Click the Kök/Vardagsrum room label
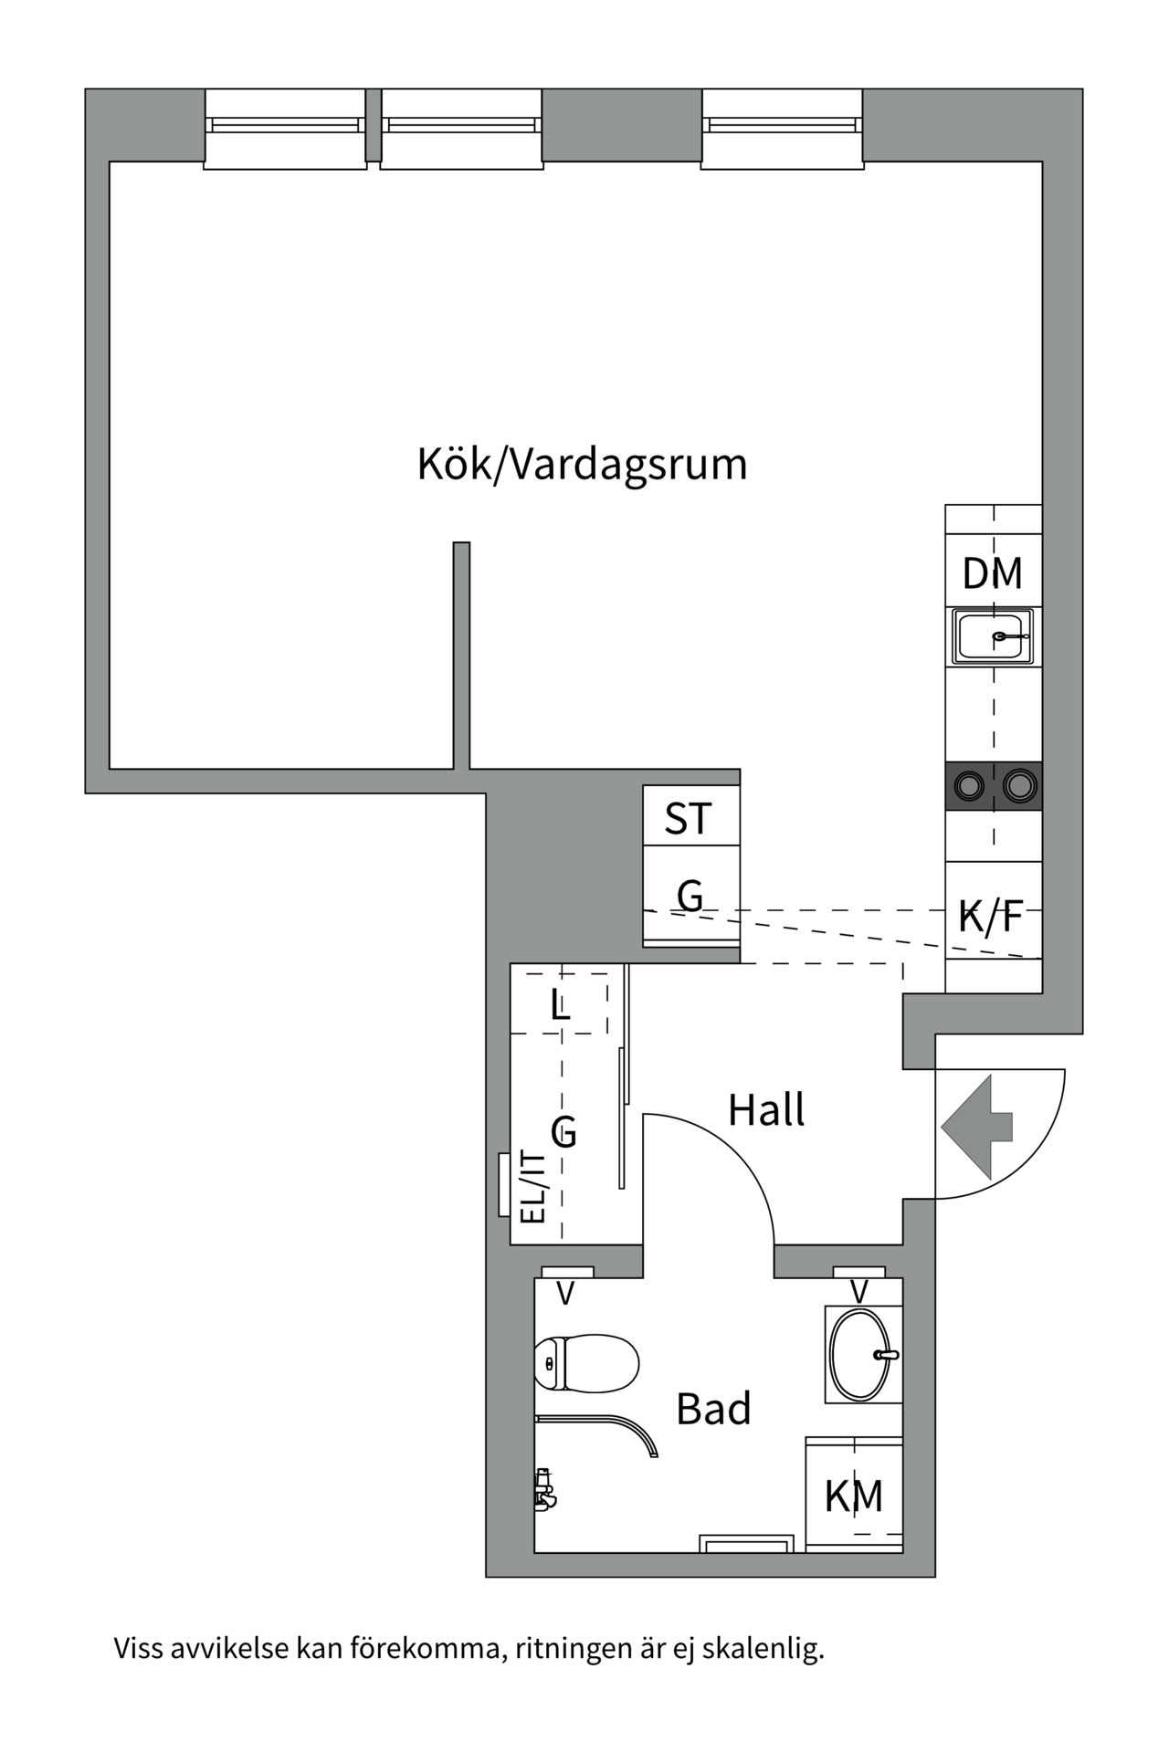click(582, 464)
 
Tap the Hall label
click(766, 1110)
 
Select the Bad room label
click(713, 1409)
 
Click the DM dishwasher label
click(993, 573)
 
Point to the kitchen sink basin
click(992, 635)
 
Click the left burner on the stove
click(969, 784)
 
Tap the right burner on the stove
click(1019, 784)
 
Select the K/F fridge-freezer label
click(991, 916)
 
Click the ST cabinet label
click(688, 819)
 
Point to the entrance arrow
click(976, 1127)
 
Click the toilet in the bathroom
click(586, 1363)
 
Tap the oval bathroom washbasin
click(861, 1355)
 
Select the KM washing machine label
click(854, 1496)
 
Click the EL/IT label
click(532, 1187)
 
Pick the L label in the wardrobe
click(560, 1005)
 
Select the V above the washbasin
click(858, 1292)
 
